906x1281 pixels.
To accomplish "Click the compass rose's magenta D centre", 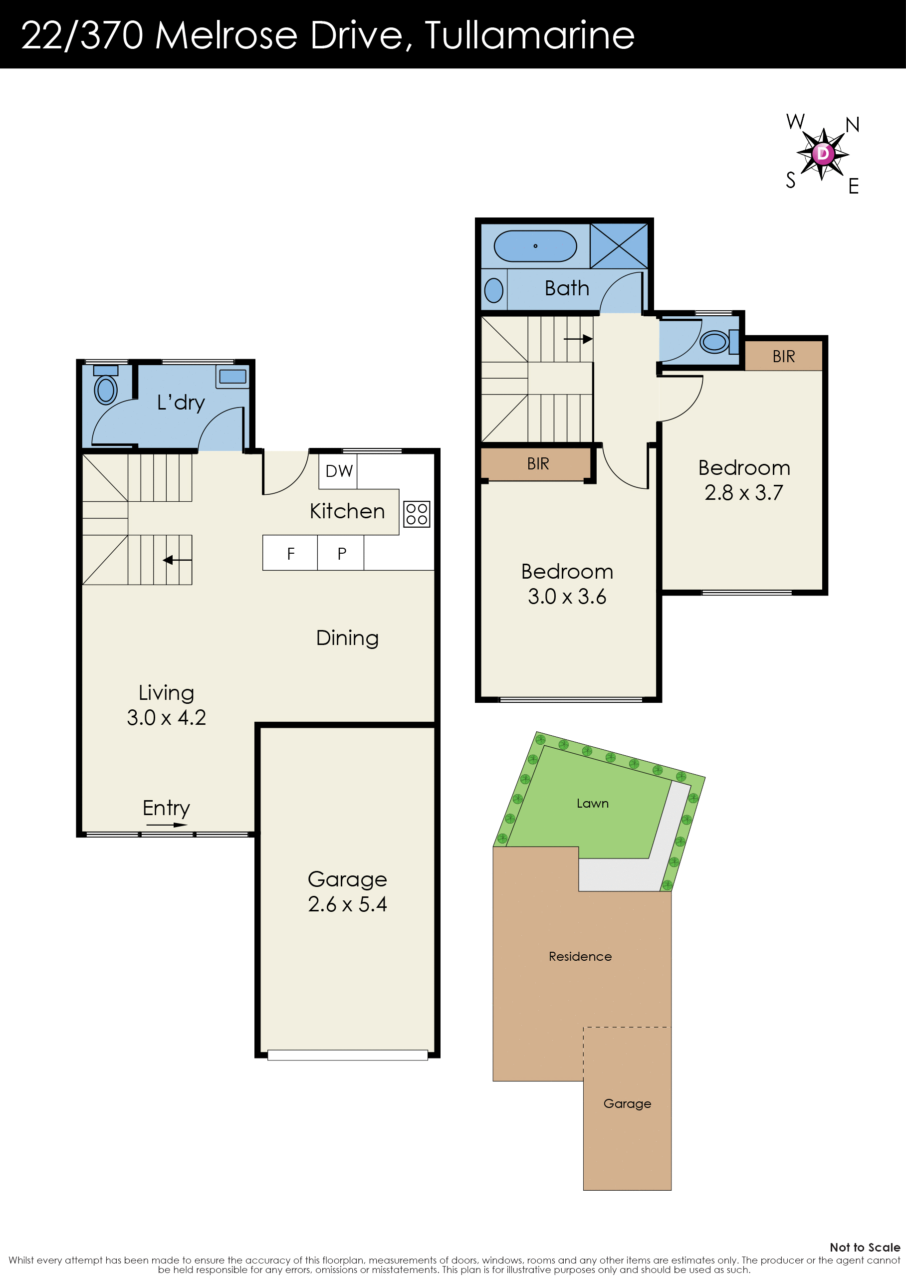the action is (823, 153).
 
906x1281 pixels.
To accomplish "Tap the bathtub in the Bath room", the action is (535, 246).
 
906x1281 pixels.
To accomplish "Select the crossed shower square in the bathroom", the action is (619, 246).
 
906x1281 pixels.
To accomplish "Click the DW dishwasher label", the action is (339, 471).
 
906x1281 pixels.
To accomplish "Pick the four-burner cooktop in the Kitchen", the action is (417, 514).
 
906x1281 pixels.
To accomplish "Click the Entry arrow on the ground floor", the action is (167, 825).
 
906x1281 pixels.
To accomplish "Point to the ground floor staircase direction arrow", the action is (178, 560).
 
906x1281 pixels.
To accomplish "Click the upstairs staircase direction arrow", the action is (578, 339).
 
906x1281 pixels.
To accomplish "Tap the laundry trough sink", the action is (232, 377).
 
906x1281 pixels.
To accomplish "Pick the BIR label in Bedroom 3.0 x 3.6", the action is (538, 463).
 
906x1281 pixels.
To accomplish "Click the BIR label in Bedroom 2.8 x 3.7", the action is (783, 357).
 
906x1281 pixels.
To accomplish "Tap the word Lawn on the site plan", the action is (593, 804).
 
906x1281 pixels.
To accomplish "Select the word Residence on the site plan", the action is (580, 956).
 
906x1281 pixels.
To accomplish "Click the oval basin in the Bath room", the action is (494, 290).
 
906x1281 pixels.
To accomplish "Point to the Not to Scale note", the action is (865, 1248).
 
